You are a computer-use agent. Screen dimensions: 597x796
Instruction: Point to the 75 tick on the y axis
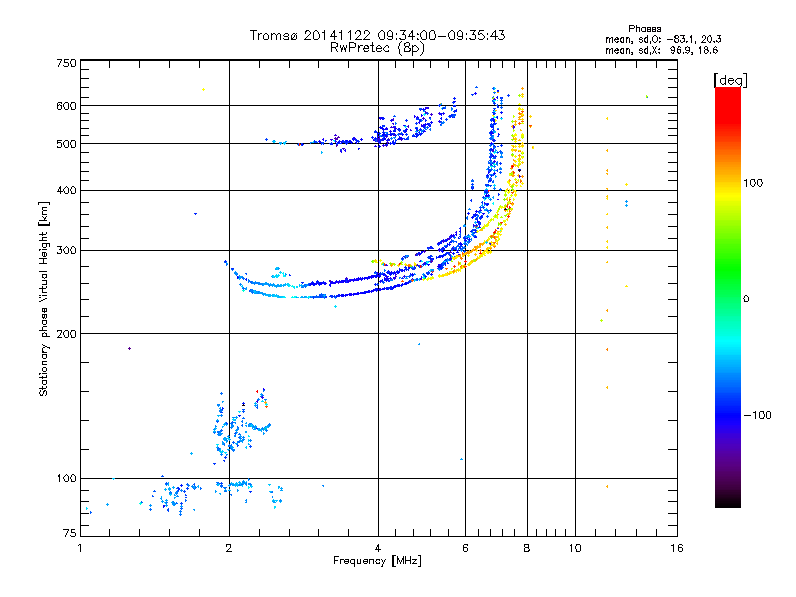68,535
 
